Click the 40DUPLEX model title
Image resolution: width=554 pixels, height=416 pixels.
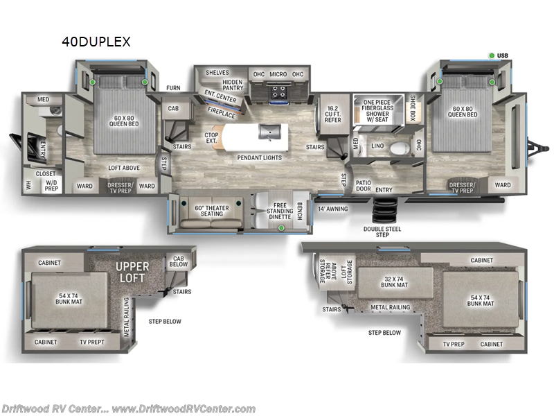96,42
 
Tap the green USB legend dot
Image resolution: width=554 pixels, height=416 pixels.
492,55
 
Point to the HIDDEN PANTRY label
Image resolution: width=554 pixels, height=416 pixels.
233,85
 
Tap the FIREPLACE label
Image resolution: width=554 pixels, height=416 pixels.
222,112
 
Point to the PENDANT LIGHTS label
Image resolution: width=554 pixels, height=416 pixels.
259,157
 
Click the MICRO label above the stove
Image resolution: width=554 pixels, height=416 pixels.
278,74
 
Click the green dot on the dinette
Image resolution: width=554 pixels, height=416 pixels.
281,227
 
